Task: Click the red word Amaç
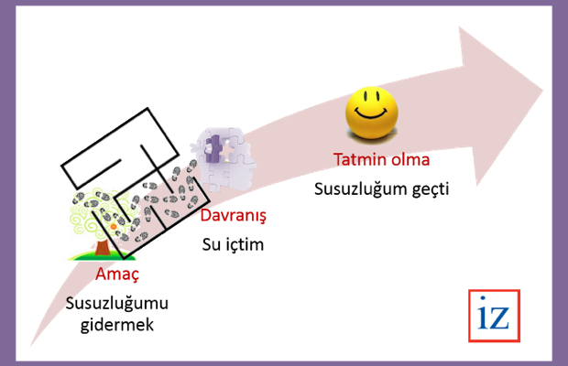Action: coord(117,274)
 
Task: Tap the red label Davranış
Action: coord(234,216)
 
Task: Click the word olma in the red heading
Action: coord(410,159)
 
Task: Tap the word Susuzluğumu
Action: coord(117,304)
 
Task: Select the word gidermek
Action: coord(117,325)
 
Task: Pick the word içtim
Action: coord(245,244)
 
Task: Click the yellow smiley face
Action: coord(372,113)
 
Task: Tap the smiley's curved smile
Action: coord(371,113)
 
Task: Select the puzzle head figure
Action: coord(224,158)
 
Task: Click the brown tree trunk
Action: coord(102,247)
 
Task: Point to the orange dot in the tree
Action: coord(114,227)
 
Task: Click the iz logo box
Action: coord(494,316)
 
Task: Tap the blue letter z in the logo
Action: coord(500,318)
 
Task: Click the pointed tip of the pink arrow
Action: coord(542,91)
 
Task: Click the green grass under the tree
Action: coord(103,256)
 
